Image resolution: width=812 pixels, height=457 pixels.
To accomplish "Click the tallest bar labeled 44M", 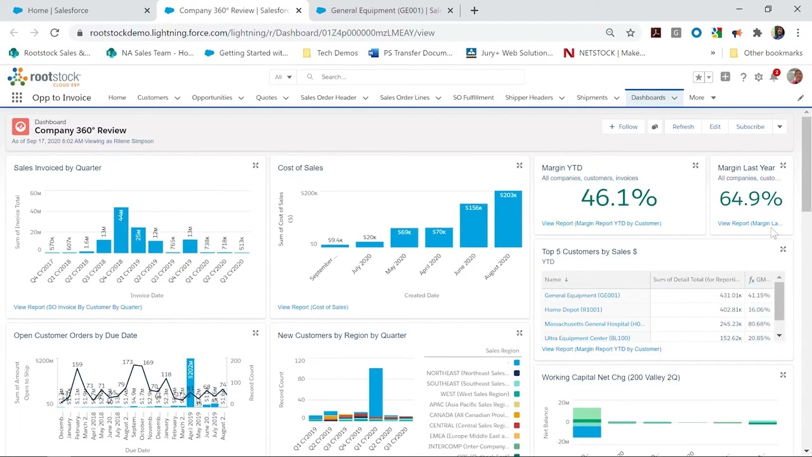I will (121, 230).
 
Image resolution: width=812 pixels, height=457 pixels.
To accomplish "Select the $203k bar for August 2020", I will (508, 219).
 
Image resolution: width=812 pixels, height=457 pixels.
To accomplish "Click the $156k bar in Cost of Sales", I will (473, 225).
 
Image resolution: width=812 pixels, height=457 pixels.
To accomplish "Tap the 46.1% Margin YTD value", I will (619, 198).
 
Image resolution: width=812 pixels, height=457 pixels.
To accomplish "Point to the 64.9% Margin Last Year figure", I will (750, 199).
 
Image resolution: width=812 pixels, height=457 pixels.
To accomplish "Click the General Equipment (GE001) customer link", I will (582, 295).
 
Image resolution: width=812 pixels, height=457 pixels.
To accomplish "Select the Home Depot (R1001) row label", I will (573, 310).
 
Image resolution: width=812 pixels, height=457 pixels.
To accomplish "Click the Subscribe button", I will (750, 127).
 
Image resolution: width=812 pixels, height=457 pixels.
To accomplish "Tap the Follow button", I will (623, 127).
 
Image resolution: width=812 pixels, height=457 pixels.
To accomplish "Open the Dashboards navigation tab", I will (648, 98).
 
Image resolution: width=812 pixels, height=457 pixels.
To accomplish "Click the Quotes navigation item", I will (266, 98).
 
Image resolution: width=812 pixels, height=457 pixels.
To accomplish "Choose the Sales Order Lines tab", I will (404, 98).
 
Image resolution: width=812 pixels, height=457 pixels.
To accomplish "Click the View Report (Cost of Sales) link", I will (313, 307).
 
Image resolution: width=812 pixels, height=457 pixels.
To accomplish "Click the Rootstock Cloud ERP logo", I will (44, 78).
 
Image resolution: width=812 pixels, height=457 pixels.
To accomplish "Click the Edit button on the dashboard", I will (715, 127).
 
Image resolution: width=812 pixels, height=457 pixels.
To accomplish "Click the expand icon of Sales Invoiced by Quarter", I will (256, 166).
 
